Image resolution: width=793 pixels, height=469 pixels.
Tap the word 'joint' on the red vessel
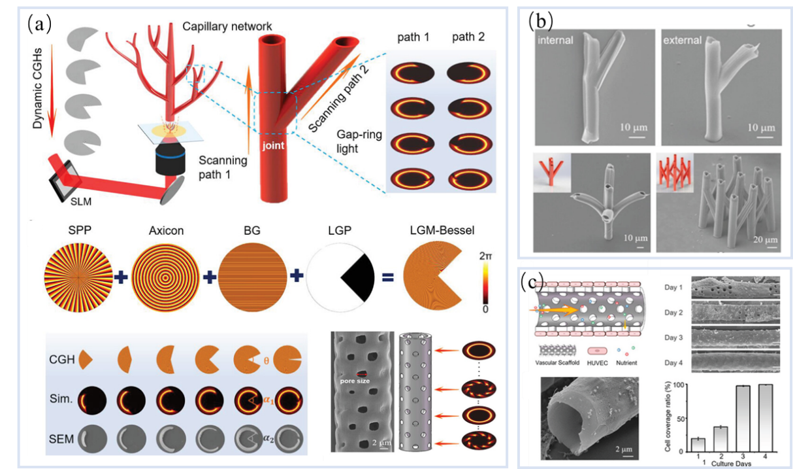[x=273, y=146]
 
